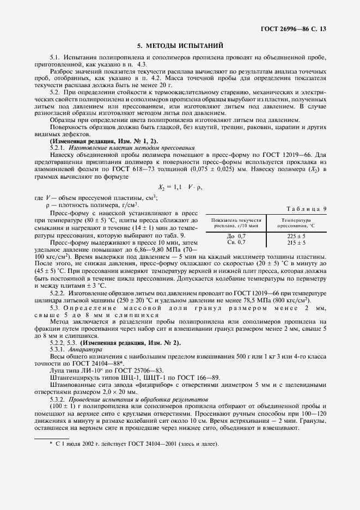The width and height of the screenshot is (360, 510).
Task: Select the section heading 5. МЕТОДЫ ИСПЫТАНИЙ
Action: click(x=180, y=46)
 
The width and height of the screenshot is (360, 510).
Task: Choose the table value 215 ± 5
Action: click(x=296, y=242)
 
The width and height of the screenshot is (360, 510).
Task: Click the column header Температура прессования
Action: click(x=296, y=222)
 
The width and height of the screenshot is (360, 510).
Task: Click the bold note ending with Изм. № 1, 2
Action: click(x=103, y=141)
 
